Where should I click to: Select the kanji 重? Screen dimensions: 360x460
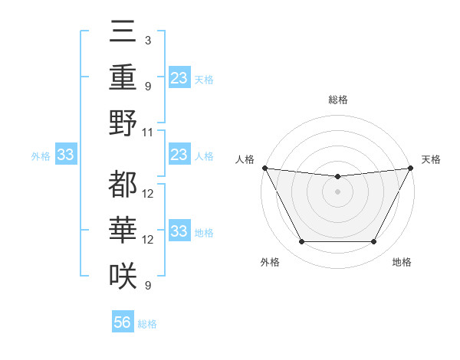[123, 77]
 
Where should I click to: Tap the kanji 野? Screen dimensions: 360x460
[123, 123]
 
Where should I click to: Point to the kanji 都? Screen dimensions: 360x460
[123, 184]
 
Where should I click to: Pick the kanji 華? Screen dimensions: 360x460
[123, 230]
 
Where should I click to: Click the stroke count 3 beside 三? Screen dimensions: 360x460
[147, 39]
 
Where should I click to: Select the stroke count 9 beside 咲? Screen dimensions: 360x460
[147, 286]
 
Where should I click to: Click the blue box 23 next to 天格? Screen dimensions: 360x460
[179, 77]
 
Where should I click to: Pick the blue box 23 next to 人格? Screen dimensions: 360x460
[179, 155]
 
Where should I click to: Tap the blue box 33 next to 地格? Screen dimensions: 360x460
[179, 231]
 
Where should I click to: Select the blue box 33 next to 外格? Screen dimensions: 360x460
[65, 155]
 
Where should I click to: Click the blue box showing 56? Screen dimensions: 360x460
[122, 322]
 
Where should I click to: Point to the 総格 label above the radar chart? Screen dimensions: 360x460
[337, 100]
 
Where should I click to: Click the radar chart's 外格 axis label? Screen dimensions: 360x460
[270, 263]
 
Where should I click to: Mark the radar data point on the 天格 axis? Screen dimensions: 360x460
[410, 168]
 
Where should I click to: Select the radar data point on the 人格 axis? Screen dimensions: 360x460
[264, 168]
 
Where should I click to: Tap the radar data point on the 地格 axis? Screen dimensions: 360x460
[374, 242]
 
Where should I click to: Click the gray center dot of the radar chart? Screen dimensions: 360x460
[337, 191]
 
